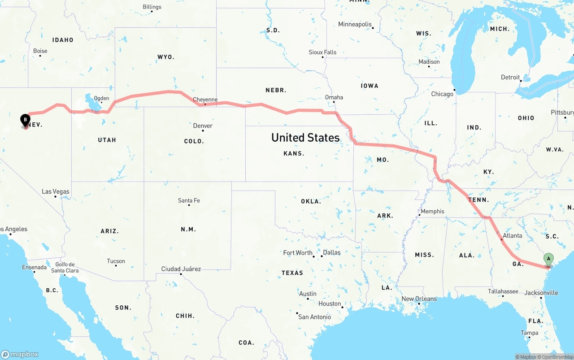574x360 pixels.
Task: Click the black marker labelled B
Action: (x=26, y=120)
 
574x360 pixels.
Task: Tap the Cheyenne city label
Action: (x=205, y=100)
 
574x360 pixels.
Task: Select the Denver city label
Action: (x=203, y=126)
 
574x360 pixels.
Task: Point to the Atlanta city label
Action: (x=512, y=235)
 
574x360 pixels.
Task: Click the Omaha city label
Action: (x=334, y=97)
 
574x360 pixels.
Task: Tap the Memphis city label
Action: (x=432, y=211)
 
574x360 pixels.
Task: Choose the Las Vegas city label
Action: (x=56, y=191)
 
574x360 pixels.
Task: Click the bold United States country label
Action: (x=305, y=138)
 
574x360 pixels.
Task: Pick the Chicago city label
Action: (x=442, y=94)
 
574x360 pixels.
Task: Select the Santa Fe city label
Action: (x=189, y=200)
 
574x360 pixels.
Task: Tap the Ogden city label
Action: (x=101, y=98)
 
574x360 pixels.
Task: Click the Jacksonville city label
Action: (x=541, y=293)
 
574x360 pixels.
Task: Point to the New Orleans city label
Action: (x=419, y=299)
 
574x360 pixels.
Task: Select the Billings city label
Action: (x=152, y=7)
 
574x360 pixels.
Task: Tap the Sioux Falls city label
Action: (x=322, y=52)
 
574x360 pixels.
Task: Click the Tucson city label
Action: (x=116, y=261)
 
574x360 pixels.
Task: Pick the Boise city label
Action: (x=40, y=51)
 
